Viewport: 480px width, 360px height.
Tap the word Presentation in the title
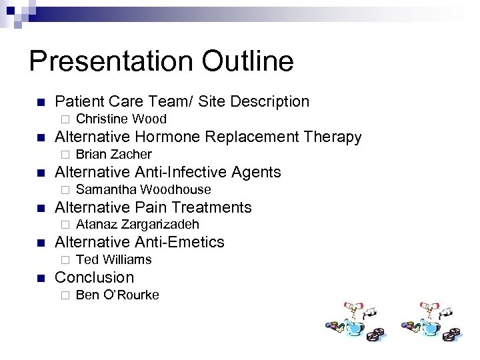point(109,61)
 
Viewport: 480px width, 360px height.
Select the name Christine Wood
point(121,119)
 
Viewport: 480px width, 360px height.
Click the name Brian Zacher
point(114,155)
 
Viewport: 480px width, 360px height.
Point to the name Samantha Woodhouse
point(143,190)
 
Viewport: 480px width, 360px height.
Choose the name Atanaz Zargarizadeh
point(137,225)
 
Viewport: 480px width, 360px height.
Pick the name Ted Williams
point(114,260)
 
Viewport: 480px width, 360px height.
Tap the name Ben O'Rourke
point(117,295)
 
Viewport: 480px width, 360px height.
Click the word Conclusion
point(94,277)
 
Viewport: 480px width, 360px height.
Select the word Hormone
point(171,137)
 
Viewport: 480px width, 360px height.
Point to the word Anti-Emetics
point(179,242)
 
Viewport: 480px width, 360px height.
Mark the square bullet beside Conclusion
point(40,278)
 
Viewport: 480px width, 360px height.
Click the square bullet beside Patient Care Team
point(40,103)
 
